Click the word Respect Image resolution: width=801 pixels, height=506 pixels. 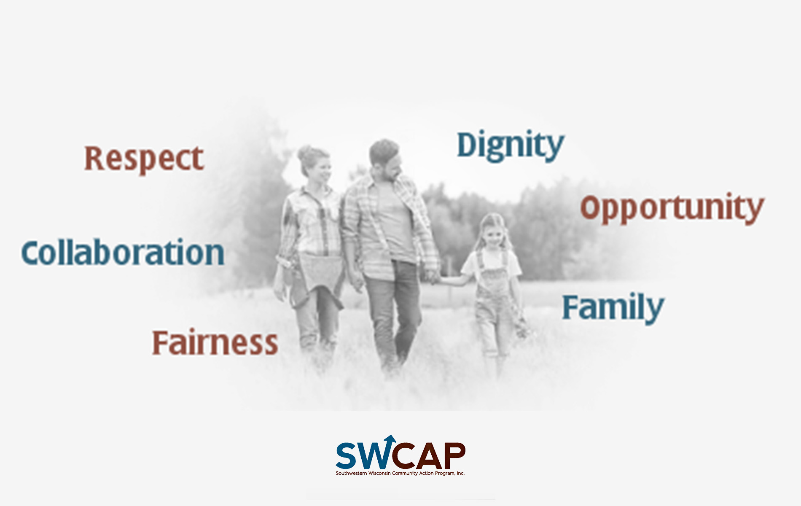click(144, 159)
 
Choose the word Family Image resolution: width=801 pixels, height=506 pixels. click(613, 307)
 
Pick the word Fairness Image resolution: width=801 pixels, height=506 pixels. click(215, 342)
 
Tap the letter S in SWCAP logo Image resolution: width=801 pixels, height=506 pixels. click(347, 455)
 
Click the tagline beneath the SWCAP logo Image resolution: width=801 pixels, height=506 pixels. click(400, 473)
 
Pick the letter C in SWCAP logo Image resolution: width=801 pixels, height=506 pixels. click(403, 456)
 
